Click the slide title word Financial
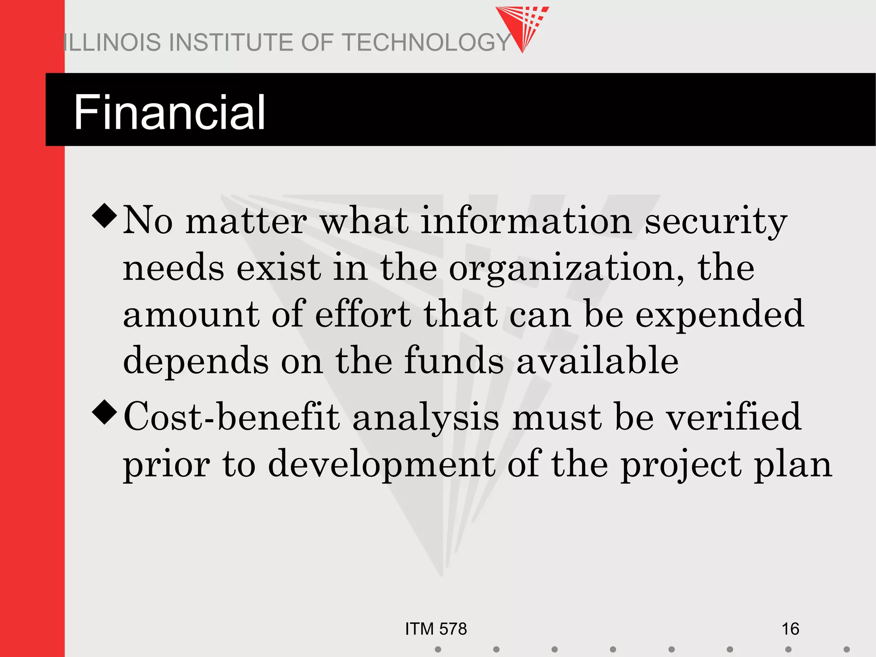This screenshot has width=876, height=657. pos(169,112)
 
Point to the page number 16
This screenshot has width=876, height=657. pos(790,629)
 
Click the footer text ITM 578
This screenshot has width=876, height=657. pos(436,629)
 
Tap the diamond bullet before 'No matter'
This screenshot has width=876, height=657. pos(104,216)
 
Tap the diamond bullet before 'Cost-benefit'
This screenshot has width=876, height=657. pos(104,412)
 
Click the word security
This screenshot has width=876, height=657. pos(716,222)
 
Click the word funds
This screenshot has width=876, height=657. pos(454,360)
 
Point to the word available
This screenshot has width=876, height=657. pos(598,360)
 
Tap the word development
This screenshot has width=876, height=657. pos(382,465)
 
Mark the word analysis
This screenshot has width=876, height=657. pos(426,418)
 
